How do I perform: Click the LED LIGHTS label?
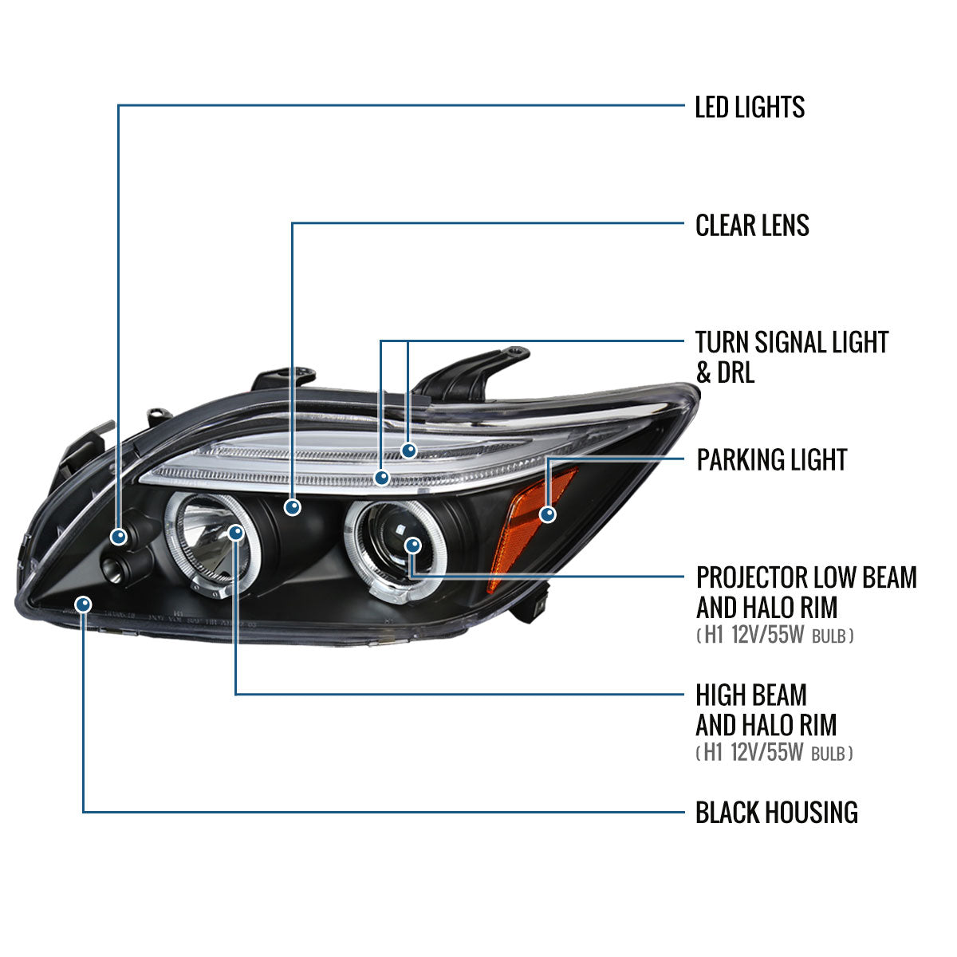coord(750,107)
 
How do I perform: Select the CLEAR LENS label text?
coord(752,226)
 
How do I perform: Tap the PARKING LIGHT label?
coord(771,460)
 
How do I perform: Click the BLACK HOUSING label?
coord(776,813)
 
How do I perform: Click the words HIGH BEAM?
coord(751,695)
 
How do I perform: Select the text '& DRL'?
coord(725,372)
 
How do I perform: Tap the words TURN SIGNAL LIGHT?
coord(791,343)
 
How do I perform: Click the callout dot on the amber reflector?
coord(547,514)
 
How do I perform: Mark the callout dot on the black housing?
coord(83,604)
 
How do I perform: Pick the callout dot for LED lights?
coord(119,537)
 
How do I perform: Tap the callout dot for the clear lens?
coord(293,506)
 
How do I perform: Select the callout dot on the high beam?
coord(236,532)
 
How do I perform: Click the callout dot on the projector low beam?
coord(412,545)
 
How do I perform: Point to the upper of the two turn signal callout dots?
coord(409,451)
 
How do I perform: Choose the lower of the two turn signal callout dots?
coord(382,478)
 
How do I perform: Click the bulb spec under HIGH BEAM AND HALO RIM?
coord(774,753)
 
